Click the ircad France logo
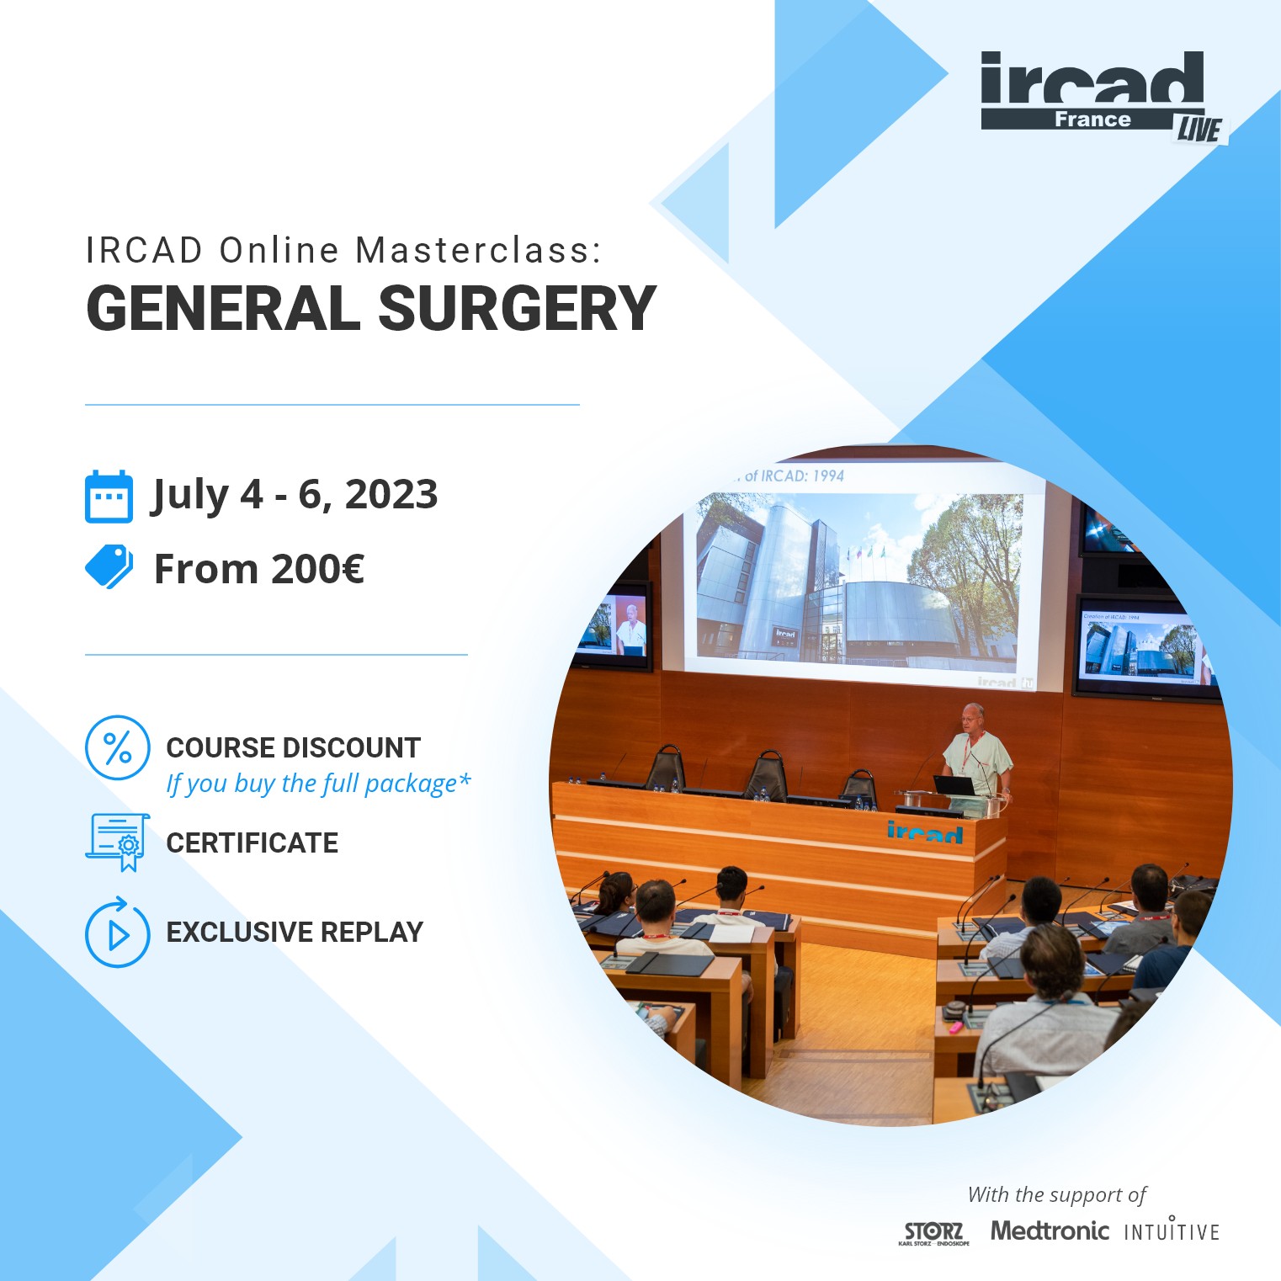click(1092, 90)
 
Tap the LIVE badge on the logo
click(1199, 129)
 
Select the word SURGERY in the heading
click(517, 309)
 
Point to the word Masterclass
click(477, 251)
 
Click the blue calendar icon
click(109, 497)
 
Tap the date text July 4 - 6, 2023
click(295, 494)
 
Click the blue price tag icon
click(109, 566)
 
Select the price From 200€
click(258, 569)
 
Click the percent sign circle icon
click(117, 747)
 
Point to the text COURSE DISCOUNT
click(293, 747)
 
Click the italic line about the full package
click(318, 784)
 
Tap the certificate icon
click(117, 842)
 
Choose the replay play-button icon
click(117, 933)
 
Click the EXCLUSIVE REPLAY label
click(295, 933)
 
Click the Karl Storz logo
click(933, 1232)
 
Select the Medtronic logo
click(1049, 1231)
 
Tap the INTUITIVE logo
click(1172, 1231)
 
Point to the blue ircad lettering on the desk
click(924, 832)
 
